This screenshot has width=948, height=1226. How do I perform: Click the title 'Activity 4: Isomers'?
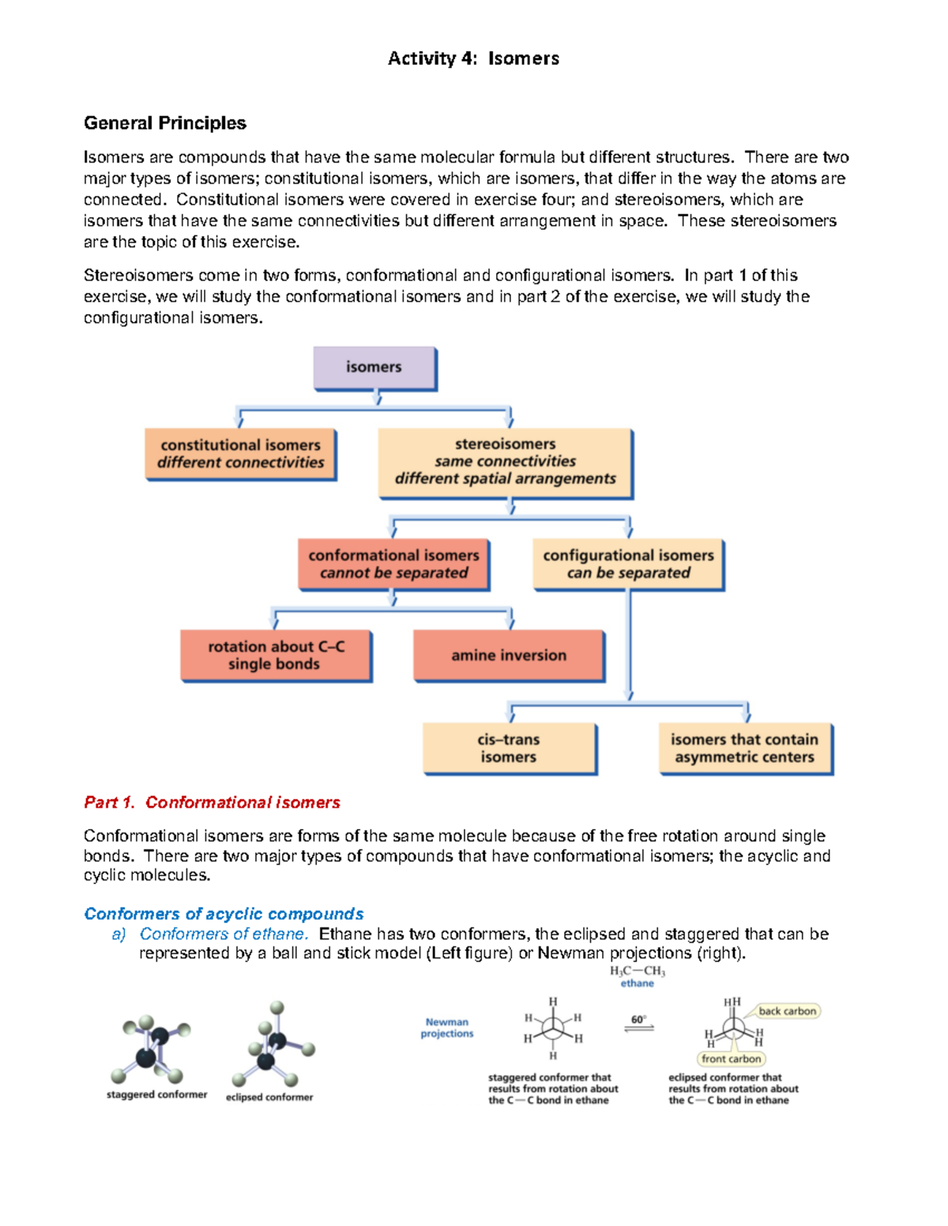[x=473, y=58]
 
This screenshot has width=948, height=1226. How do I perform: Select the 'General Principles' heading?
[x=165, y=123]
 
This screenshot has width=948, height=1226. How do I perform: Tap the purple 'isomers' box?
[x=374, y=367]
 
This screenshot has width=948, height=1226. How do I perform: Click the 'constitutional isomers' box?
[x=240, y=454]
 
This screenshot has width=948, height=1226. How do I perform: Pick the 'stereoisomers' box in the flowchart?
[x=505, y=462]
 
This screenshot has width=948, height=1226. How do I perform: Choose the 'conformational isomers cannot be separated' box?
[x=393, y=564]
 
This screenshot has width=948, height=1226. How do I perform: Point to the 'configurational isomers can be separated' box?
[x=628, y=564]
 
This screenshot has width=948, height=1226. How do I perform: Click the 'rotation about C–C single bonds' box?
[x=275, y=655]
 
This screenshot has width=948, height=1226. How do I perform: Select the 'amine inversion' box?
[x=509, y=655]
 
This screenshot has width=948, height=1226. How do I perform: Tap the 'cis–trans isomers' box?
[x=509, y=748]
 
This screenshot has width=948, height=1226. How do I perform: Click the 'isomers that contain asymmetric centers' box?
[x=745, y=748]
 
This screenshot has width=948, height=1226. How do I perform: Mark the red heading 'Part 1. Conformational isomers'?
[x=212, y=803]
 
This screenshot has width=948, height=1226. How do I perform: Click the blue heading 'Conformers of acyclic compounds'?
[x=224, y=914]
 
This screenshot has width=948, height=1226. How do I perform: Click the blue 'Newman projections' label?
[x=447, y=1028]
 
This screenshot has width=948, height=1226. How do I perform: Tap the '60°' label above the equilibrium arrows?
[x=638, y=1019]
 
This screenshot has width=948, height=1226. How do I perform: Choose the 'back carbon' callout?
[x=788, y=1011]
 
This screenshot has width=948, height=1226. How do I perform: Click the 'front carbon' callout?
[x=732, y=1059]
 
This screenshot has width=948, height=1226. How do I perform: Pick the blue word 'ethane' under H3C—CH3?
[x=637, y=984]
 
